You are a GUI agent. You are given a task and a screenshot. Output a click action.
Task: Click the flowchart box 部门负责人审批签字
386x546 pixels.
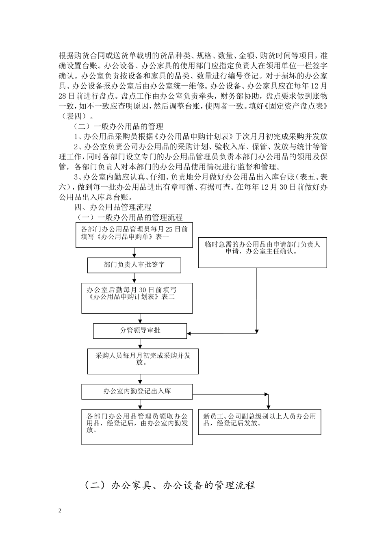[134, 265]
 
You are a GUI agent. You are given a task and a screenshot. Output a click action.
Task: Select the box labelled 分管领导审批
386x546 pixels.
[140, 331]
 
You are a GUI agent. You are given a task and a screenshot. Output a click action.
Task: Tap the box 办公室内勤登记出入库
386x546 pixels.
[137, 391]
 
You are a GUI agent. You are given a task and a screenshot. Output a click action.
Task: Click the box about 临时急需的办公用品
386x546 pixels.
[262, 252]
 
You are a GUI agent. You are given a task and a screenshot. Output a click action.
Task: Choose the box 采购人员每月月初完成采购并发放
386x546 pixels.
[143, 360]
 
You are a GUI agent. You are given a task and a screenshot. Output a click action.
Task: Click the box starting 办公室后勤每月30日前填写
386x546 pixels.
[137, 298]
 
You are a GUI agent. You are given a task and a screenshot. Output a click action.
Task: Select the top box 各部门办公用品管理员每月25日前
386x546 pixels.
[134, 235]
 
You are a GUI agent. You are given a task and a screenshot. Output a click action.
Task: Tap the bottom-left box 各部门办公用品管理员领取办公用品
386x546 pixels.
[137, 427]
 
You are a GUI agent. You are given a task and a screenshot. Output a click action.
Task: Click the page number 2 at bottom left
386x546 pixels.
[60, 510]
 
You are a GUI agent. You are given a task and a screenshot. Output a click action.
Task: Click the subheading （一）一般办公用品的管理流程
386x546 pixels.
[130, 217]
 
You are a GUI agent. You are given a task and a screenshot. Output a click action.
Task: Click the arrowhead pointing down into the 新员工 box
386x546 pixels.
[267, 406]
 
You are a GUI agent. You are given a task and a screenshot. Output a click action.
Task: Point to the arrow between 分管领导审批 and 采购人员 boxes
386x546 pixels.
[140, 343]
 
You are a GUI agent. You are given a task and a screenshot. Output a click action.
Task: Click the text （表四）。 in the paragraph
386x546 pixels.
[74, 116]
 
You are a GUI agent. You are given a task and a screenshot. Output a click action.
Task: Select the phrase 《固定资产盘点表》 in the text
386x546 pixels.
[297, 106]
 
